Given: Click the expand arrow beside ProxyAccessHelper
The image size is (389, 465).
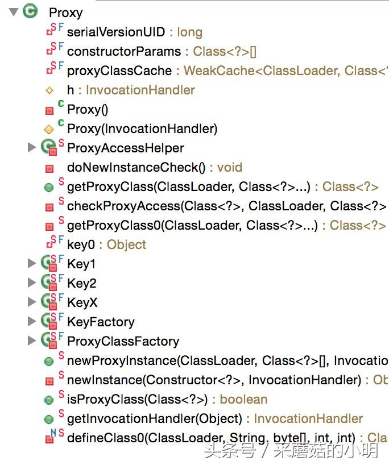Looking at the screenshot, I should [x=32, y=148].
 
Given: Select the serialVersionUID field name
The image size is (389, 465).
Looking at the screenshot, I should [x=116, y=32].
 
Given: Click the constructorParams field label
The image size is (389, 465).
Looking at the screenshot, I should [x=124, y=51].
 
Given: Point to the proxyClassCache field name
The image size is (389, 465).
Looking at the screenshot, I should [x=119, y=70].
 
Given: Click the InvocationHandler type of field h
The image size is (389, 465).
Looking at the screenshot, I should [x=140, y=90].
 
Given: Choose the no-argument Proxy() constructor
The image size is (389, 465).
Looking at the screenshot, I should [x=88, y=109].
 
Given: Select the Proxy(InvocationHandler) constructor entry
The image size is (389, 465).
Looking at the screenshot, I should [x=142, y=128].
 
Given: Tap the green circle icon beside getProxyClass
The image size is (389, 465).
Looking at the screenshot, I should [x=49, y=187].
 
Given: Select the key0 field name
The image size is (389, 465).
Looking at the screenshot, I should [x=81, y=244].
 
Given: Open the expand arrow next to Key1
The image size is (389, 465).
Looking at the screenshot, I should [x=32, y=264].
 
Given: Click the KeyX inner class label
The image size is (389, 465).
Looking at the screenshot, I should [x=82, y=302].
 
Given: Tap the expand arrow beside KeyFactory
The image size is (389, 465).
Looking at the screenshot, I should [x=32, y=322].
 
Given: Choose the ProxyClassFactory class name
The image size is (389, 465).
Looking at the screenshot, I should [x=123, y=341].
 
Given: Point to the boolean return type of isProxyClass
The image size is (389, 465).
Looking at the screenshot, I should [x=243, y=399].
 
